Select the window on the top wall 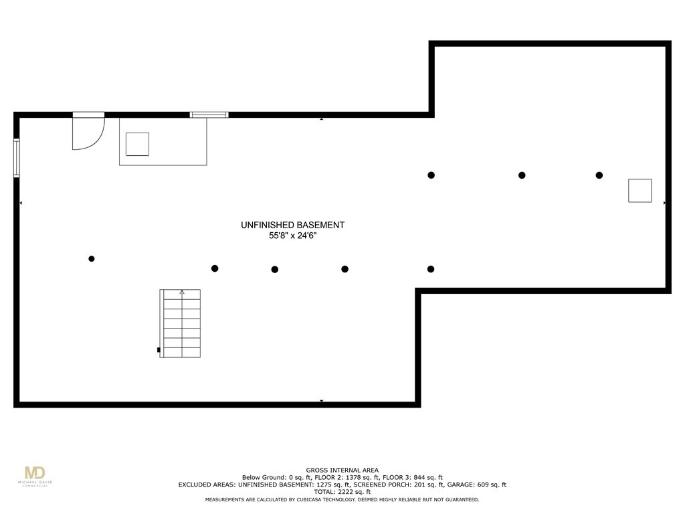209,115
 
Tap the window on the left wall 17,158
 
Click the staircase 180,323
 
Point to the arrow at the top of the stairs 182,292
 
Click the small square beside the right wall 640,191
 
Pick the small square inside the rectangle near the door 137,145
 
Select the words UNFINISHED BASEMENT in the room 293,225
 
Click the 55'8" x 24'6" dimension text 293,236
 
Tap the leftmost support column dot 91,259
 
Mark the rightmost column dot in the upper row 599,175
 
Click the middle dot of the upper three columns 522,175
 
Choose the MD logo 35,476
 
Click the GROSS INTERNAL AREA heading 342,470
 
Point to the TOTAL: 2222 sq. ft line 342,492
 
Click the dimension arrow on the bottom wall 322,401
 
